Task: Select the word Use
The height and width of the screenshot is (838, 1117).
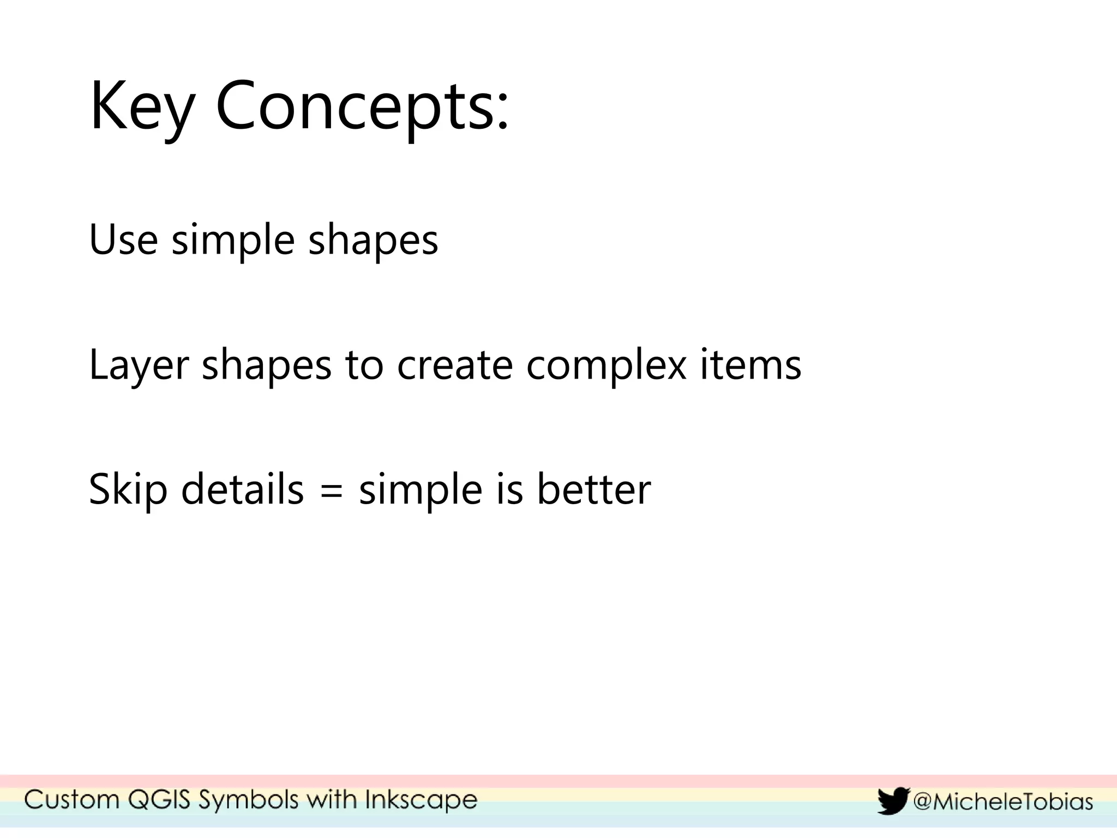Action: click(x=123, y=240)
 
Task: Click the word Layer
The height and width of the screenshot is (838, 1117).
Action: click(x=139, y=364)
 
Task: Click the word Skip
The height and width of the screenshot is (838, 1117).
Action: click(x=128, y=489)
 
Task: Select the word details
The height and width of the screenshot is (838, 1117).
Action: click(x=242, y=489)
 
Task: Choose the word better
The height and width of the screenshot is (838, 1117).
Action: click(x=594, y=489)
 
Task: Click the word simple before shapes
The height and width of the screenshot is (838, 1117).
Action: click(x=233, y=240)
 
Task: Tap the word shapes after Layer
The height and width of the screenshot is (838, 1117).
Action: click(x=267, y=364)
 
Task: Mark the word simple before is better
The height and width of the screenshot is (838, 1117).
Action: click(x=421, y=489)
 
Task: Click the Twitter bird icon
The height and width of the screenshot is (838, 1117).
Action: click(x=893, y=801)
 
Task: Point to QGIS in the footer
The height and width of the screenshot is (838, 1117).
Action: click(x=159, y=800)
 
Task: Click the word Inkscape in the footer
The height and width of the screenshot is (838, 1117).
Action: click(x=421, y=800)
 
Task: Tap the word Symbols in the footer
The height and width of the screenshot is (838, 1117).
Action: click(x=249, y=800)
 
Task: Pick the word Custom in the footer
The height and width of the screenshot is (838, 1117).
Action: click(x=71, y=800)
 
